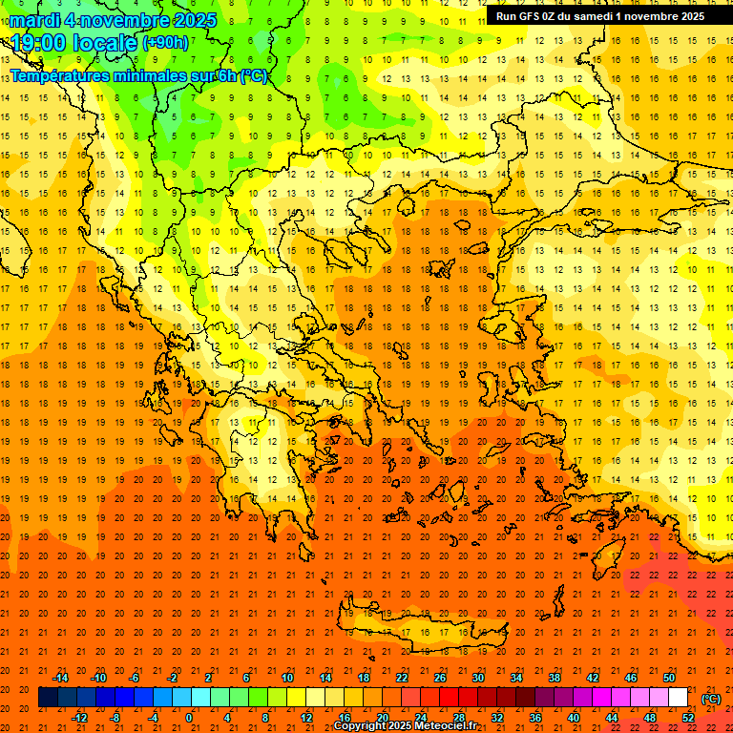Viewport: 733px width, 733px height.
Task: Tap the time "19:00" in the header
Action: (x=37, y=43)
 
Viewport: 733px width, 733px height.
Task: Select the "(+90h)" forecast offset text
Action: (x=166, y=43)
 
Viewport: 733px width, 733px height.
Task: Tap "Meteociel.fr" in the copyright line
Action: (x=438, y=725)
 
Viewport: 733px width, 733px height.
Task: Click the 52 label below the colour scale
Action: (x=688, y=717)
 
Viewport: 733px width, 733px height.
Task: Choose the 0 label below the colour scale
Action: (x=189, y=717)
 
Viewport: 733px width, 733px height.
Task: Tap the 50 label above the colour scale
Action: (x=669, y=678)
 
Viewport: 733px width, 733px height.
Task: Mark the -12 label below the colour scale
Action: (x=79, y=717)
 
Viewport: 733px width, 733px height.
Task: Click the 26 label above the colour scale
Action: (x=440, y=678)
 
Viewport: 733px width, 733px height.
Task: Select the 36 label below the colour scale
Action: (x=535, y=717)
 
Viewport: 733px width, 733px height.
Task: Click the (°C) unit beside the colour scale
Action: (x=710, y=699)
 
